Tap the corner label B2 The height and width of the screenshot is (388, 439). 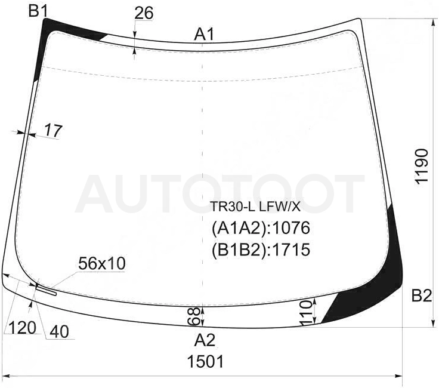(x=422, y=295)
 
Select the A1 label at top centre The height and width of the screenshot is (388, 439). (x=205, y=35)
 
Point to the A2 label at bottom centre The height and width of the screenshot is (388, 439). (x=205, y=340)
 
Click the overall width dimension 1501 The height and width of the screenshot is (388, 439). (x=206, y=361)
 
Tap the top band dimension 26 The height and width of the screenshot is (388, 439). (x=144, y=13)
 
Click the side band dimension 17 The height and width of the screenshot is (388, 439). (x=53, y=131)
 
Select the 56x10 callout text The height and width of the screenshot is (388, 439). (x=102, y=264)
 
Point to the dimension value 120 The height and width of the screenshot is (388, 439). (x=23, y=328)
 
